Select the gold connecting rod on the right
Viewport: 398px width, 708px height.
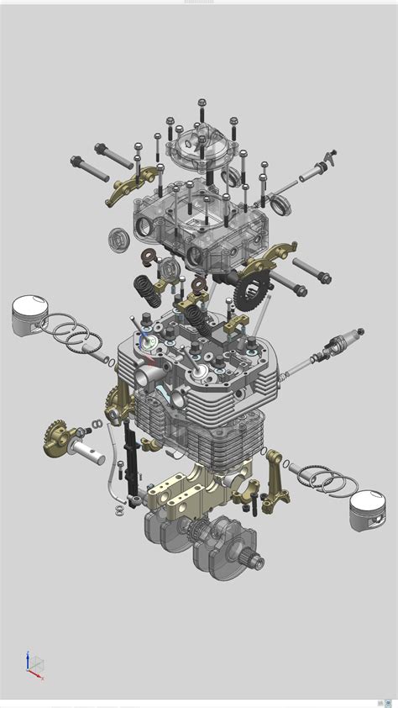coord(274,479)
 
